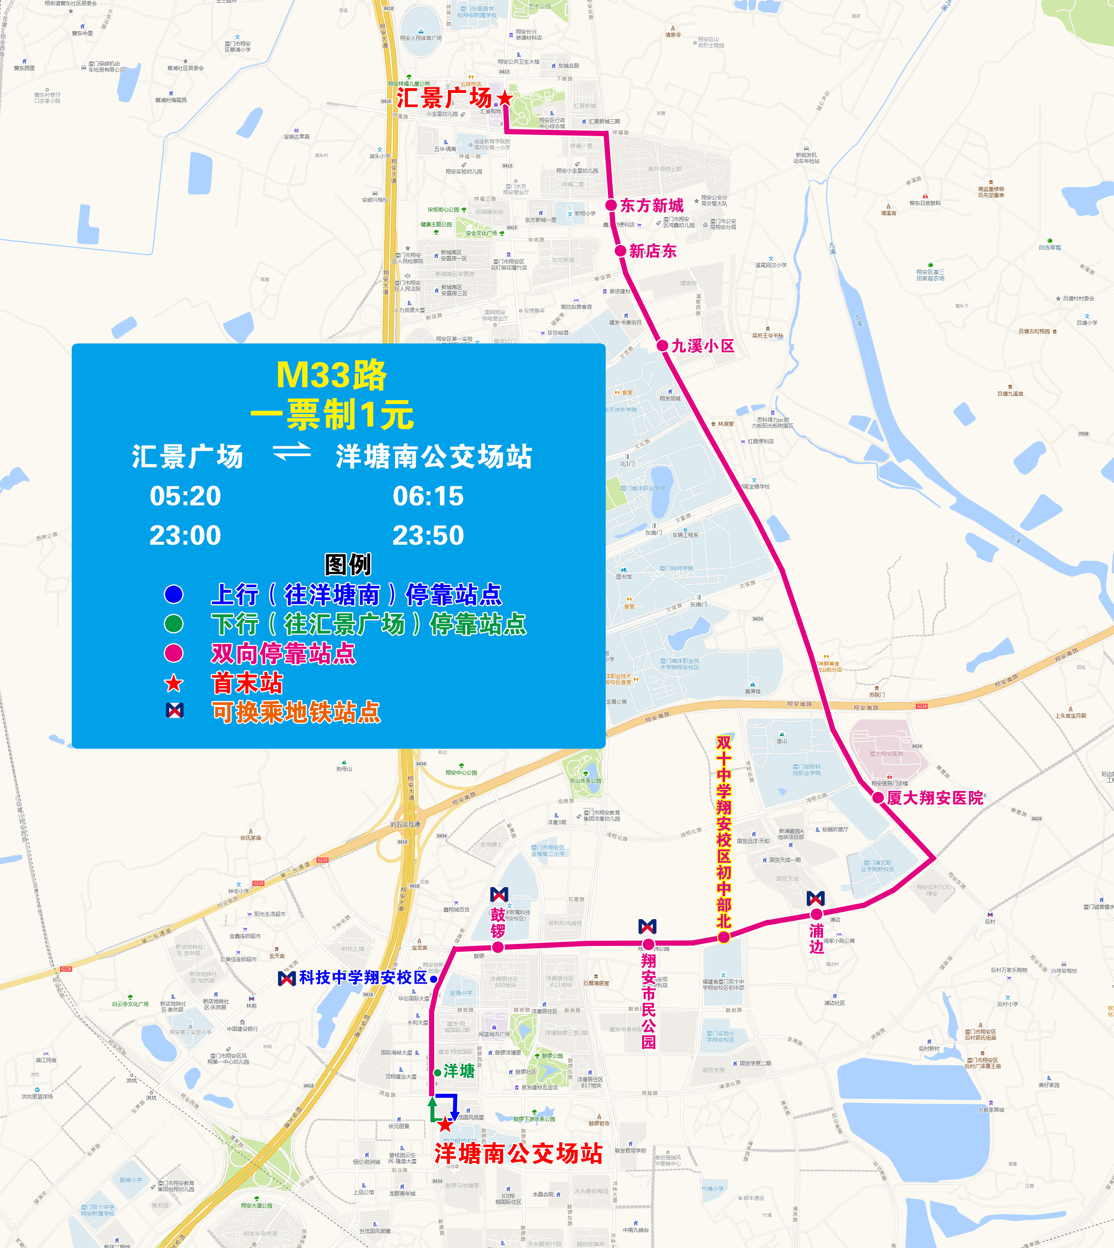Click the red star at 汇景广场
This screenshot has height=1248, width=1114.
(x=504, y=98)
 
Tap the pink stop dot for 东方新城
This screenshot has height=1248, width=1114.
(x=611, y=205)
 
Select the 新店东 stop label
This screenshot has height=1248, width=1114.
(x=653, y=251)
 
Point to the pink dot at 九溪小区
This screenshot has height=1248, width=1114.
(x=662, y=346)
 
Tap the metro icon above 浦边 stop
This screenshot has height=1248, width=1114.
(x=816, y=898)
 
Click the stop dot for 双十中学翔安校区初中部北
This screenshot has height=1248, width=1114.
(x=723, y=937)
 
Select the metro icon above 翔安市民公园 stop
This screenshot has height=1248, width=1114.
(x=648, y=926)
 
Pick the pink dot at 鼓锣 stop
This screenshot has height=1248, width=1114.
(x=498, y=947)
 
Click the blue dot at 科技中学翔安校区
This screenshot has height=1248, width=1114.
(x=433, y=979)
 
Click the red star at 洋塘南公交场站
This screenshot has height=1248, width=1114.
(x=445, y=1124)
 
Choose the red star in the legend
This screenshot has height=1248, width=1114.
(x=174, y=683)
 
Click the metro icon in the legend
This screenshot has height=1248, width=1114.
(x=175, y=711)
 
